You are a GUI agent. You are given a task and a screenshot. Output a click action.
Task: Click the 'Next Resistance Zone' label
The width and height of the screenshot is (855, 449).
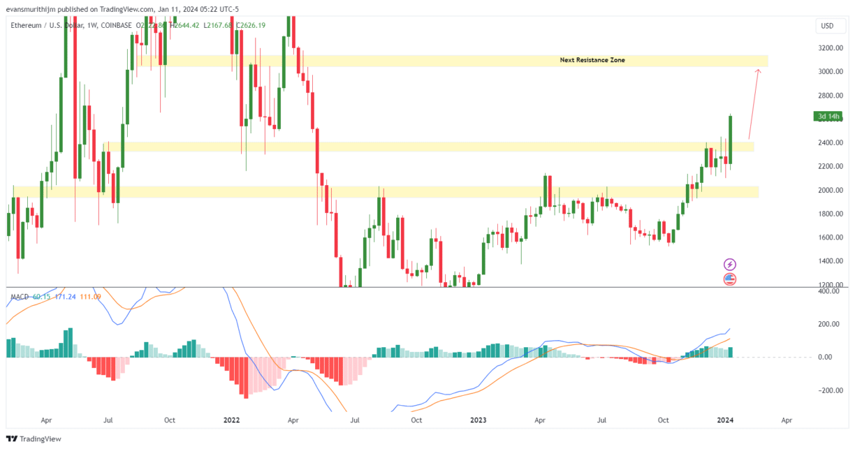592,60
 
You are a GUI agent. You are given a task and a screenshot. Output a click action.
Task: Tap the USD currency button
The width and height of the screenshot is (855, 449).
827,26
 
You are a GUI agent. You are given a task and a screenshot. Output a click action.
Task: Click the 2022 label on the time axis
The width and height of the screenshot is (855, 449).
231,421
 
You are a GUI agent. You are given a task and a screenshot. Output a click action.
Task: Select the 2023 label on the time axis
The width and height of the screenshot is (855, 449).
478,421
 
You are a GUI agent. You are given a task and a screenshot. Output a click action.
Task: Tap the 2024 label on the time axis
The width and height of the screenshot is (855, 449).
725,421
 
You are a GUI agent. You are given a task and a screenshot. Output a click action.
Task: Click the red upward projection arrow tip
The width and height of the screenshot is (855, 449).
759,70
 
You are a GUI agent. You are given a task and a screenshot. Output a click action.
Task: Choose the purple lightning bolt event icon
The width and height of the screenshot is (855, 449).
730,264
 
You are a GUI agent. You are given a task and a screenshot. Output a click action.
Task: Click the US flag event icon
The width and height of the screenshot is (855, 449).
730,279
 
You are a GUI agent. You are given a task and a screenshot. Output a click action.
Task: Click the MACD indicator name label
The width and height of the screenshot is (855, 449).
20,297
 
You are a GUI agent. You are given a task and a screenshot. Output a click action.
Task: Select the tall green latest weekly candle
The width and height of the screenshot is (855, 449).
730,140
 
